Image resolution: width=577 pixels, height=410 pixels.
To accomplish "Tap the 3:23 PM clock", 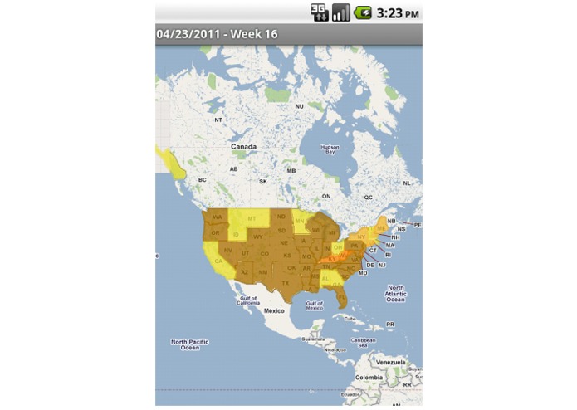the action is [398, 13].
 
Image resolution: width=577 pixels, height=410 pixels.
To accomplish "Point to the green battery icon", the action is [363, 12].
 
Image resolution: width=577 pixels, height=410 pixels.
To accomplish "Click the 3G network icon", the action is [320, 12].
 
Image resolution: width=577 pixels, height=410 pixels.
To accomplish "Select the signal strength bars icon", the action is [341, 12].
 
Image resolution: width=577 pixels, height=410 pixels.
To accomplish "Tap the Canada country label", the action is [243, 146].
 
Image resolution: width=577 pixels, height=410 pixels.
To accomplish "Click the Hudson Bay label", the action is [330, 150].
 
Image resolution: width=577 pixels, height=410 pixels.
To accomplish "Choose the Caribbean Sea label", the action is [363, 340].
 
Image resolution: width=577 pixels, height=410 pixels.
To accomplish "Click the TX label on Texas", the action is [285, 282].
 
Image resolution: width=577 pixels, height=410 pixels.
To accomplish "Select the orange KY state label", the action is [332, 259].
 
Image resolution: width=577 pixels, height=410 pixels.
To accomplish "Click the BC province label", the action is [202, 179].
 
